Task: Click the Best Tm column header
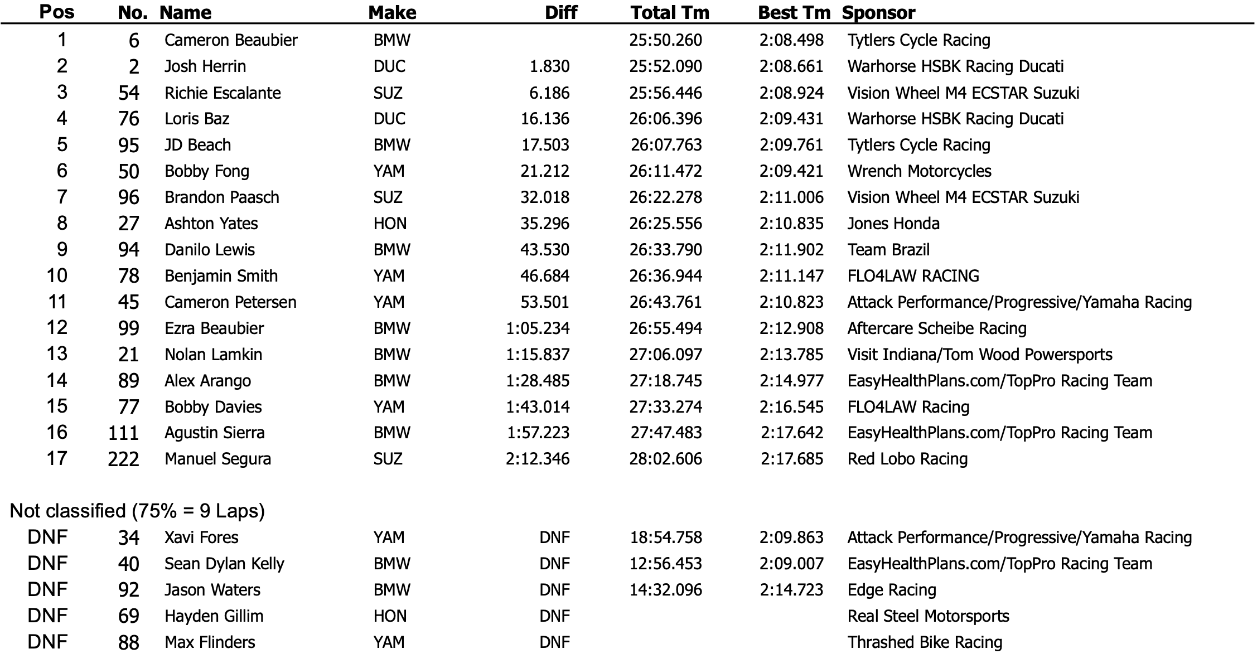[794, 12]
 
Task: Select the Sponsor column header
[878, 12]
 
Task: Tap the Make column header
[392, 12]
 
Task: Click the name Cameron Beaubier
[231, 40]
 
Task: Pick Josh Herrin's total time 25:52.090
[665, 66]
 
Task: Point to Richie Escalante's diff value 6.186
[549, 93]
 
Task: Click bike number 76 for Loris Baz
[128, 119]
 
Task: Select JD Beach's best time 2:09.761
[791, 145]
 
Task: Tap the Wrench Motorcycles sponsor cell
[919, 171]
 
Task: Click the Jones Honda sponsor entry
[893, 224]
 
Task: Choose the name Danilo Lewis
[210, 250]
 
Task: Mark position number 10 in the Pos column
[57, 275]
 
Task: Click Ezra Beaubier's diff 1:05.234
[538, 328]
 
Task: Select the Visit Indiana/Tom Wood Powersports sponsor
[979, 355]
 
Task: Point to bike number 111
[123, 433]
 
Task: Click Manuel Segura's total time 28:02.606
[665, 459]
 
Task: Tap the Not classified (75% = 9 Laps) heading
[137, 511]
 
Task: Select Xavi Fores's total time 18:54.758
[665, 538]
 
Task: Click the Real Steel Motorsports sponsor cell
[928, 616]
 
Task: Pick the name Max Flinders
[210, 642]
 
